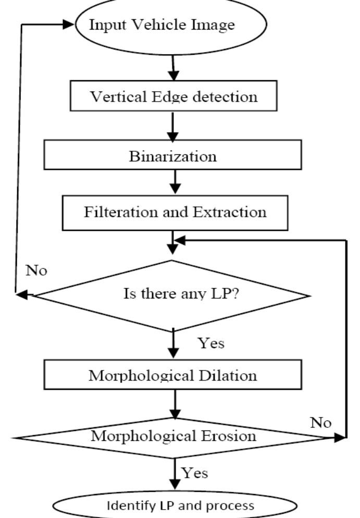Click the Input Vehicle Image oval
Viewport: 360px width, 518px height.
171,24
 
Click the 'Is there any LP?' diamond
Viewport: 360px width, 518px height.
171,295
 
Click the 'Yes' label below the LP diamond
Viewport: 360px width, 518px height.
210,343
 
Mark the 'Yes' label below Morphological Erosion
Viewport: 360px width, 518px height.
194,472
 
